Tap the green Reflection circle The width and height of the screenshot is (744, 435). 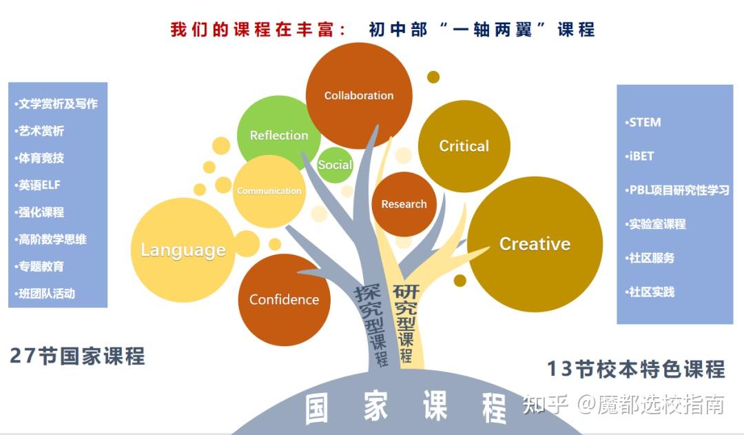pos(278,135)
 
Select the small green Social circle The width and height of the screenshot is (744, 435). pos(335,165)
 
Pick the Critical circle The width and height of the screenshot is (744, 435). pos(464,145)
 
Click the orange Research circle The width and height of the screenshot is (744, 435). pos(404,204)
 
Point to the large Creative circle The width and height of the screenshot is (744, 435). pos(535,244)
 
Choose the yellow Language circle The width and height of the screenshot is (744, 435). pos(183,250)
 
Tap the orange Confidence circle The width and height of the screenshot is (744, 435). pos(284,299)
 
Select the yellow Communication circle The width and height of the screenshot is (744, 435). pos(269,191)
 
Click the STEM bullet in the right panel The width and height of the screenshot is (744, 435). pos(644,123)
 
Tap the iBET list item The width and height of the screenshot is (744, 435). pos(641,156)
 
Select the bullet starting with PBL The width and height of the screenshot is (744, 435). pos(678,190)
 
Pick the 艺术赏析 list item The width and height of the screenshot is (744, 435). pos(41,131)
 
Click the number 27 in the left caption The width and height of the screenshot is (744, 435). pos(22,356)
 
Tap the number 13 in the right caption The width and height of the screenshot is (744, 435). pos(560,369)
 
